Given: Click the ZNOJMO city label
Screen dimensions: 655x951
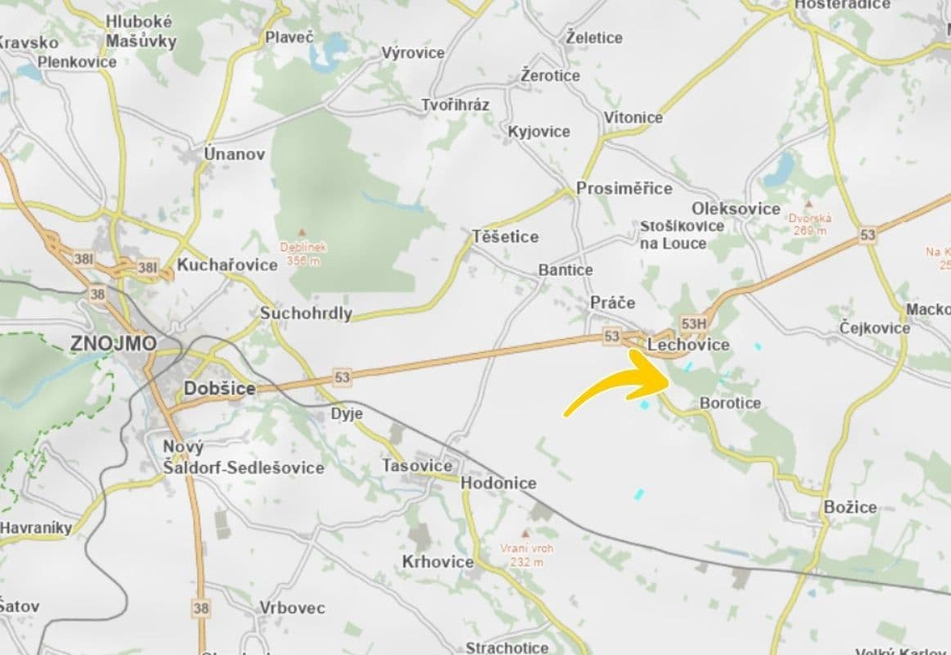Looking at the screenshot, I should (113, 343).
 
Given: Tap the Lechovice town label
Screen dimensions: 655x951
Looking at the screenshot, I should (687, 345).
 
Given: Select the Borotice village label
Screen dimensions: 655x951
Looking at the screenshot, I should (730, 403).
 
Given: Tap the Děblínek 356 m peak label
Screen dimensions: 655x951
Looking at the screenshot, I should (303, 253).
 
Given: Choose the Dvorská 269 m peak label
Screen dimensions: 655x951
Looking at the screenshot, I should (809, 224).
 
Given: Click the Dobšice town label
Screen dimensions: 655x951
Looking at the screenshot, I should (219, 389).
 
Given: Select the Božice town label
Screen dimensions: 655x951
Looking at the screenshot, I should (850, 507).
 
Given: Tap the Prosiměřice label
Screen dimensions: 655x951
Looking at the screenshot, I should (624, 188).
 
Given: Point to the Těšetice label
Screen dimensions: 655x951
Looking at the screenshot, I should (505, 237).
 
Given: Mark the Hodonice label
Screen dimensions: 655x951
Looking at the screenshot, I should (498, 483).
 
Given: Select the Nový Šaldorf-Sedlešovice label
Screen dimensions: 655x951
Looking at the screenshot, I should (242, 458).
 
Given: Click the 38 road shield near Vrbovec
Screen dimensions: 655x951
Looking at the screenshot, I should (201, 608).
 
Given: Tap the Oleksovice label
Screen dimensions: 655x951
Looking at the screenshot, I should (736, 208).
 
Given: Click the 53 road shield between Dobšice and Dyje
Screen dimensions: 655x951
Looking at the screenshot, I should (342, 377).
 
